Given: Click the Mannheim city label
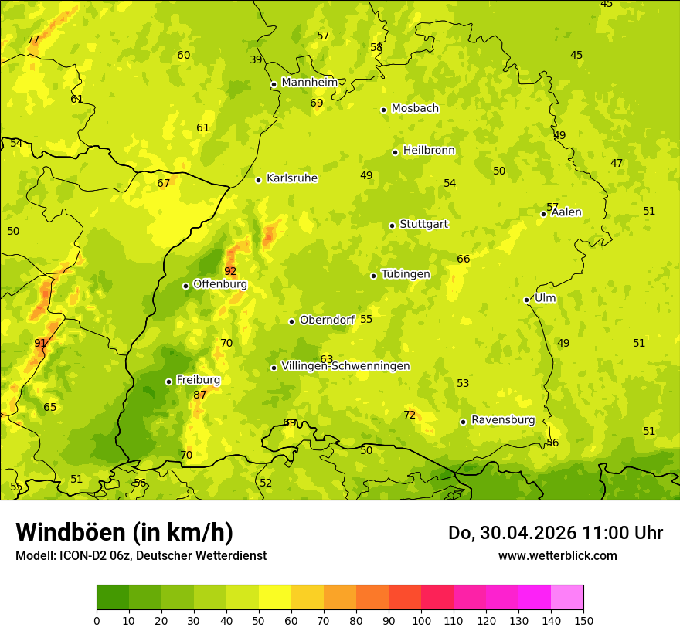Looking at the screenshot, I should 309,83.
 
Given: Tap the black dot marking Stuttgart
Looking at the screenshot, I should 392,226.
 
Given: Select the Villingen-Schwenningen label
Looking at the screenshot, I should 345,366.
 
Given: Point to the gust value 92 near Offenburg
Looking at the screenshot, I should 230,271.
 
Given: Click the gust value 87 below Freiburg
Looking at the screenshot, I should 200,395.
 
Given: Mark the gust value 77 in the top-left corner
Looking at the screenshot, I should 33,39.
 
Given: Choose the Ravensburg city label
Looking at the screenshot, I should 502,420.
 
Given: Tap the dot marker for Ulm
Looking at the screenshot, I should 526,300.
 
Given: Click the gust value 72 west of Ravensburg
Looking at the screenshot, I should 410,415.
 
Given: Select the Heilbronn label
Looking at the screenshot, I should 429,151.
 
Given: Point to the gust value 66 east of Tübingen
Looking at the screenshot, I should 464,259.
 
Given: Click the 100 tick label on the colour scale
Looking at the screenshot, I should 421,620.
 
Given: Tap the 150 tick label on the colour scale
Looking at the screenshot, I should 583,620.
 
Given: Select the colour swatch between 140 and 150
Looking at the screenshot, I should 567,598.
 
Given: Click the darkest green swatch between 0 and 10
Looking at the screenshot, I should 113,598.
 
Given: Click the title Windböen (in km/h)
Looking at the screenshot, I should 124,533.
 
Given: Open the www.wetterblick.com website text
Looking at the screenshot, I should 557,556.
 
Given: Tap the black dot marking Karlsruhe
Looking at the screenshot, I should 258,180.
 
